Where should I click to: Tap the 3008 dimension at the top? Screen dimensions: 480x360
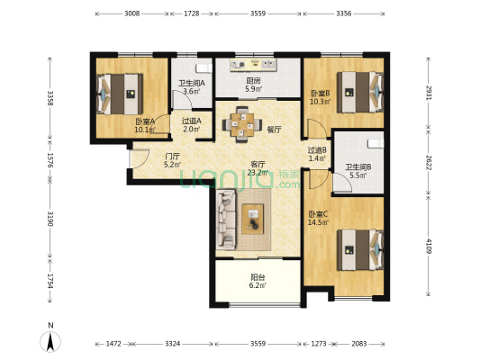tap(132, 13)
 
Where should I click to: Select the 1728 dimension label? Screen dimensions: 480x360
tap(192, 13)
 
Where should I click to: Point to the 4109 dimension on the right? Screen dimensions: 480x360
tap(429, 247)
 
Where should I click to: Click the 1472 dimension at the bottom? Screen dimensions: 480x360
tap(113, 344)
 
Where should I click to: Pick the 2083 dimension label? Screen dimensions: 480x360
tap(358, 344)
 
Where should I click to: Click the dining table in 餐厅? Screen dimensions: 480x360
tap(242, 124)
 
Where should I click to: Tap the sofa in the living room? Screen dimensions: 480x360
tap(226, 219)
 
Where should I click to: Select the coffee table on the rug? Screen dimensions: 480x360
tap(252, 219)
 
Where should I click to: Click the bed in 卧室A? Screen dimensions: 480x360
tap(120, 94)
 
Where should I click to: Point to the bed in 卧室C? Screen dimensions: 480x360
tap(360, 250)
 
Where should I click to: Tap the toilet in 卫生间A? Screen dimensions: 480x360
tap(204, 67)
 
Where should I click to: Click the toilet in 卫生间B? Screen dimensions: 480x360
tap(376, 143)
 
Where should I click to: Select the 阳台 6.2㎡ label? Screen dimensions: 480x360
tap(258, 282)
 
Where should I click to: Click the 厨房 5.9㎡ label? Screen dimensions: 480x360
tap(254, 85)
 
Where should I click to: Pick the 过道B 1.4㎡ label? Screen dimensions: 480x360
tap(317, 154)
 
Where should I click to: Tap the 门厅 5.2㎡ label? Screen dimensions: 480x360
tap(172, 160)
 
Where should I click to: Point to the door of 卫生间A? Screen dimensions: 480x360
tap(182, 99)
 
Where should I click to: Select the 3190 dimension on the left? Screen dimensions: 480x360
tap(50, 219)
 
